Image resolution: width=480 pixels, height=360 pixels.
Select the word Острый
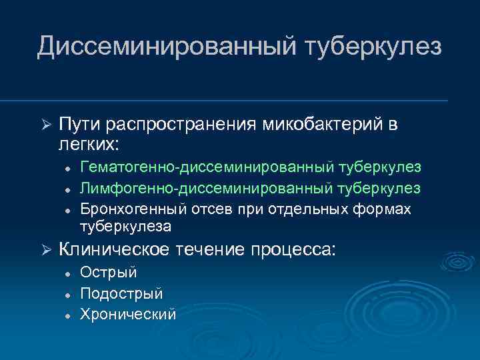pyautogui.click(x=108, y=273)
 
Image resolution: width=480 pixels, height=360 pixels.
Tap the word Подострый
pyautogui.click(x=121, y=293)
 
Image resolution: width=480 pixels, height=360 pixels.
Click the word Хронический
pyautogui.click(x=128, y=313)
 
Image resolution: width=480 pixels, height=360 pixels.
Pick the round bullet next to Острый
pyautogui.click(x=67, y=273)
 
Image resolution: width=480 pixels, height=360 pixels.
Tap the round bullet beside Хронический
pyautogui.click(x=67, y=314)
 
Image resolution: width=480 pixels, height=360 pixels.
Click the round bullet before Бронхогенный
pyautogui.click(x=67, y=209)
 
